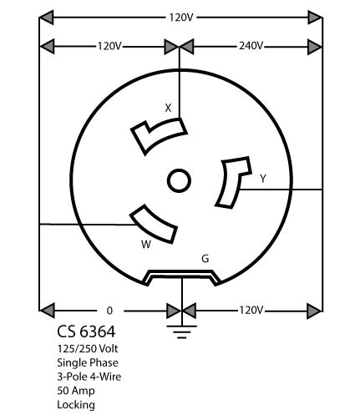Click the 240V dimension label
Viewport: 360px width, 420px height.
[x=251, y=46]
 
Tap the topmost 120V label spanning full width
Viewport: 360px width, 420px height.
[x=181, y=18]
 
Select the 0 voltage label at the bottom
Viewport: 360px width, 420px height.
[x=109, y=311]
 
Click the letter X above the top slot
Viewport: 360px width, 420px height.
[x=168, y=108]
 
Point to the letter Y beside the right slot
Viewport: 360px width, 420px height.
[x=263, y=179]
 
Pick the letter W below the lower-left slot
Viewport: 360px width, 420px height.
[x=146, y=245]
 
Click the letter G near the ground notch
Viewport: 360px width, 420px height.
[x=205, y=259]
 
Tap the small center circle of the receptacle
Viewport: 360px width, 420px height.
[x=179, y=180]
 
